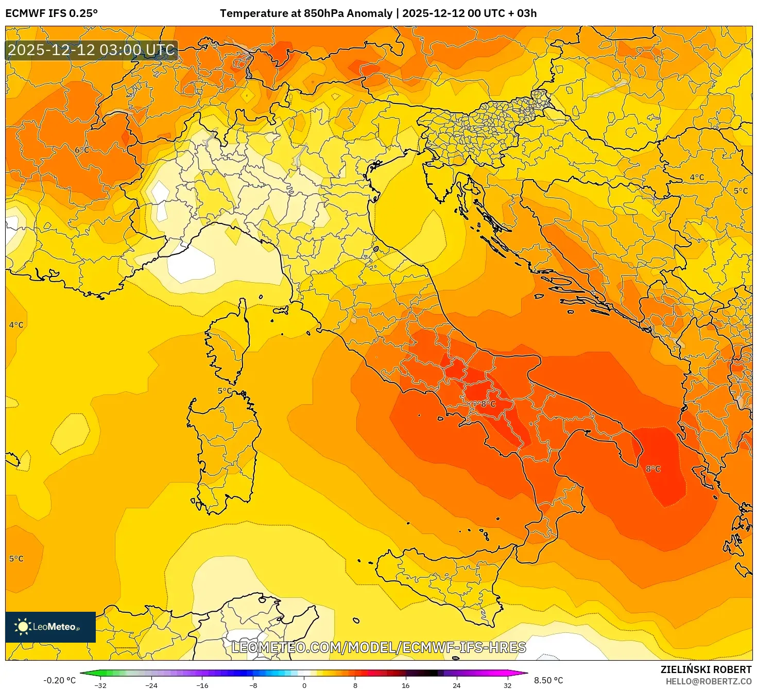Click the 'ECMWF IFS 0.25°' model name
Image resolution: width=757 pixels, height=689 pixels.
tap(51, 13)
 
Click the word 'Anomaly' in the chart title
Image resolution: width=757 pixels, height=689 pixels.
tap(371, 13)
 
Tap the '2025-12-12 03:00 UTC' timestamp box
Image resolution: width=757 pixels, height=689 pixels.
tap(92, 50)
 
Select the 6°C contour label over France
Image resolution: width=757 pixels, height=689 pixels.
tap(82, 150)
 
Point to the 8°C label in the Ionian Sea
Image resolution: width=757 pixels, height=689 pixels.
tap(653, 469)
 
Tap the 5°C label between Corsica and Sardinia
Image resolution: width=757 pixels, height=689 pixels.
tap(225, 390)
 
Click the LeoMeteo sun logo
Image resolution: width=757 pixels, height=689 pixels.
tap(23, 627)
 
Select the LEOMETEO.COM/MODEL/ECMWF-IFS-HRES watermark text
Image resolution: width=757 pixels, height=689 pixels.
tap(378, 647)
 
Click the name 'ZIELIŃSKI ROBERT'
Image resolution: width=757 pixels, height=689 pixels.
tap(706, 669)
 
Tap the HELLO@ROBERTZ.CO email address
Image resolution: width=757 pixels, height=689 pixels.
tap(709, 681)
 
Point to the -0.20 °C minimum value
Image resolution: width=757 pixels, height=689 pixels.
tap(59, 680)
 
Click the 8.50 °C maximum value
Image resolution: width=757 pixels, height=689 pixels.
tap(548, 680)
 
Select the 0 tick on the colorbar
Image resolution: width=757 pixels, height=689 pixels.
tap(304, 685)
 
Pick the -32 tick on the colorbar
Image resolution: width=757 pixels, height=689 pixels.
tap(100, 685)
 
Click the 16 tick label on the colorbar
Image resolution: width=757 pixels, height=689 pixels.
tap(406, 685)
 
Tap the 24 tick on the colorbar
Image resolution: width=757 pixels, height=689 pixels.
tap(456, 685)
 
